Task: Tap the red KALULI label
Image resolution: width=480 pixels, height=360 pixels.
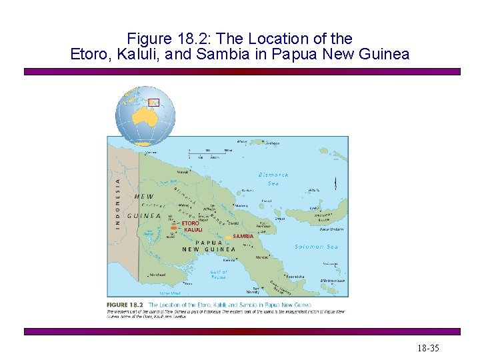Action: [193, 230]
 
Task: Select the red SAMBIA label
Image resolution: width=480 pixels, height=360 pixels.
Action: [243, 236]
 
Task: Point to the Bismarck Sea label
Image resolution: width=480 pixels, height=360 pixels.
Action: [273, 179]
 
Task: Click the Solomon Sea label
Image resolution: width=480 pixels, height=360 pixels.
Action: [317, 247]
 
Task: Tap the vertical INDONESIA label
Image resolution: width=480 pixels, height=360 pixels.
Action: [119, 203]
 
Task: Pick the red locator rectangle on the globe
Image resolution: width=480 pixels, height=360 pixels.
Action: [154, 102]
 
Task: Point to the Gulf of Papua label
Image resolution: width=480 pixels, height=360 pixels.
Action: [219, 274]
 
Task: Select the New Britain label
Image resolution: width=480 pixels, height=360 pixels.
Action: [331, 229]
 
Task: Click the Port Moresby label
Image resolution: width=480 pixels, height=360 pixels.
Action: [253, 291]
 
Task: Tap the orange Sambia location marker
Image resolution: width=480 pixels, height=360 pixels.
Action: [228, 236]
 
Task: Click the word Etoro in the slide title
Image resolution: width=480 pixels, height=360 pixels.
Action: [90, 54]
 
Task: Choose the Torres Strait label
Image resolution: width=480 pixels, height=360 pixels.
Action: [170, 292]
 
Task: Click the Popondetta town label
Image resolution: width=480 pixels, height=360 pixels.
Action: [295, 275]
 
